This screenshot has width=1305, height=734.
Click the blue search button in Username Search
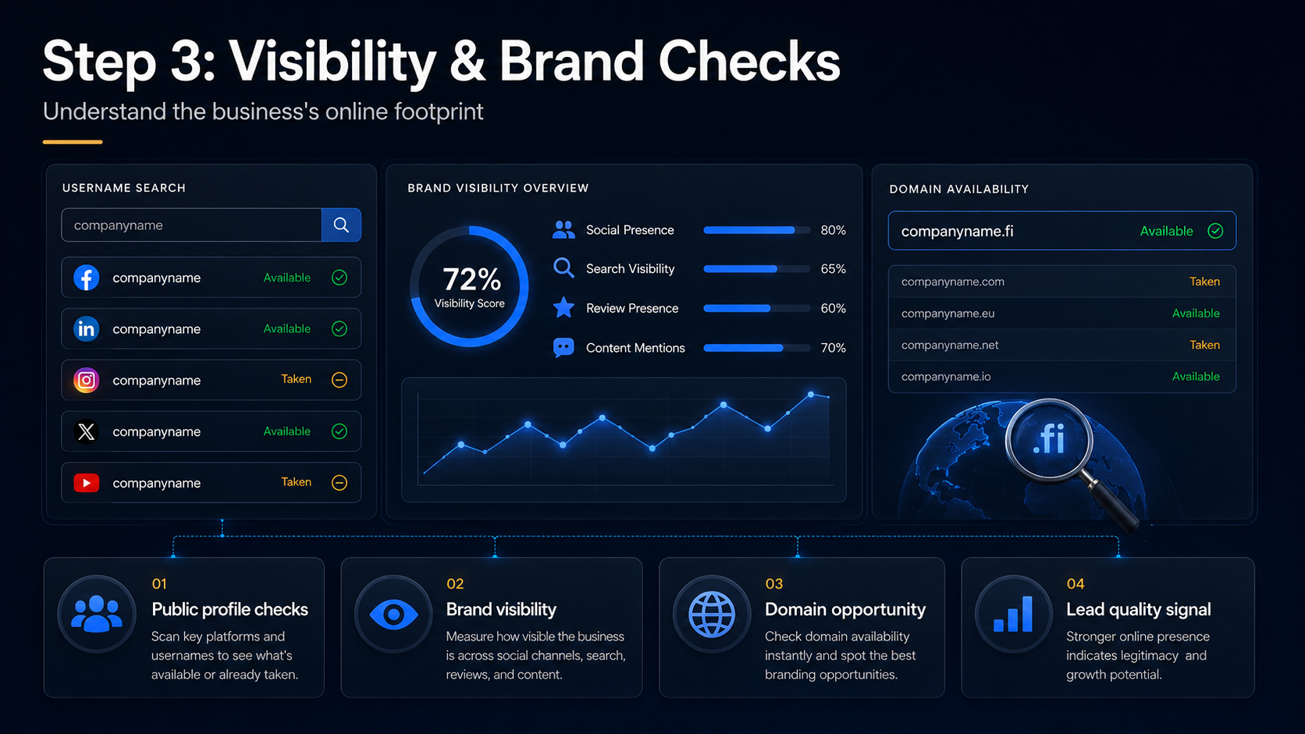coord(341,225)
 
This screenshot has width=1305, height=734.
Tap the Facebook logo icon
coord(86,278)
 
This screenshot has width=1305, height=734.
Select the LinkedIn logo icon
coord(86,329)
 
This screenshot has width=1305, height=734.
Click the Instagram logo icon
coord(86,380)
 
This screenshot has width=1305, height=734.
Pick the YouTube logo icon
coord(86,483)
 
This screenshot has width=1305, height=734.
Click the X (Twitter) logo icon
coord(86,431)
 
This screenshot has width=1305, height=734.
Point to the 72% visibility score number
coord(471,279)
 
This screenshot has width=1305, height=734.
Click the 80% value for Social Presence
coord(833,230)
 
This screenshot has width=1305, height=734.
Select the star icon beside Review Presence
coord(564,307)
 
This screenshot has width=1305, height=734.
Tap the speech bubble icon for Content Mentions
coord(564,348)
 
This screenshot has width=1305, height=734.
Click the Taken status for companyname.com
coord(1204,281)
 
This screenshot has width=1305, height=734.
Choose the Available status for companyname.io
coord(1196,376)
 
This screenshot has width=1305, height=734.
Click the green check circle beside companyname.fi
coord(1215,231)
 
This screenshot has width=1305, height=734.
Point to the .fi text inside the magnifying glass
coord(1049,439)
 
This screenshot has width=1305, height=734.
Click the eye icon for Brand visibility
coord(393,614)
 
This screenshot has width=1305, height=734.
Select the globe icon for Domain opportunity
coord(711,614)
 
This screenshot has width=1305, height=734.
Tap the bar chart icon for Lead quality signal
coord(1013,614)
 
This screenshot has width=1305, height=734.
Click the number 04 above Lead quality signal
coord(1075,583)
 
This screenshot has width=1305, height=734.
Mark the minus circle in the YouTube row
coord(339,483)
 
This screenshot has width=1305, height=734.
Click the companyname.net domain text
coord(950,345)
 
